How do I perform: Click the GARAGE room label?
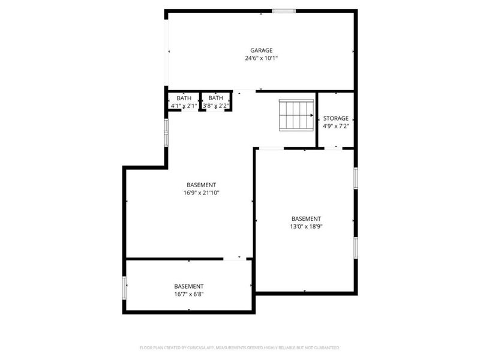261,50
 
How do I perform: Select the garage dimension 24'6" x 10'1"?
261,59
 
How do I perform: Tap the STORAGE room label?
335,118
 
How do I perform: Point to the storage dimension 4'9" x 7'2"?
335,126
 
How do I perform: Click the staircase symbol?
296,115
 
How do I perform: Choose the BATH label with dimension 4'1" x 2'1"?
184,98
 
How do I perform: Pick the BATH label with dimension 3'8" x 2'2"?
215,98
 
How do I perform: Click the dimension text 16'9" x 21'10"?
201,193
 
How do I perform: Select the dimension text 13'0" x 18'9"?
306,226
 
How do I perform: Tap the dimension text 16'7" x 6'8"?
189,294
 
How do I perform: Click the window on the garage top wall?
283,11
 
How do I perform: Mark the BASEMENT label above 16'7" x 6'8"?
189,286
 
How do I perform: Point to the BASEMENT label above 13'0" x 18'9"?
306,218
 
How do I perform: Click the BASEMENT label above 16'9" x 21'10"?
201,185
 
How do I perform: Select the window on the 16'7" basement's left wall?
125,287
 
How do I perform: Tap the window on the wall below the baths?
166,132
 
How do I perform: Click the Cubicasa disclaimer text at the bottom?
239,347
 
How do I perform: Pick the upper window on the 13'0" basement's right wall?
355,178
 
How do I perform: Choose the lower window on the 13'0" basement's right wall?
355,247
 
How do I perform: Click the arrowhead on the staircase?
311,115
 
